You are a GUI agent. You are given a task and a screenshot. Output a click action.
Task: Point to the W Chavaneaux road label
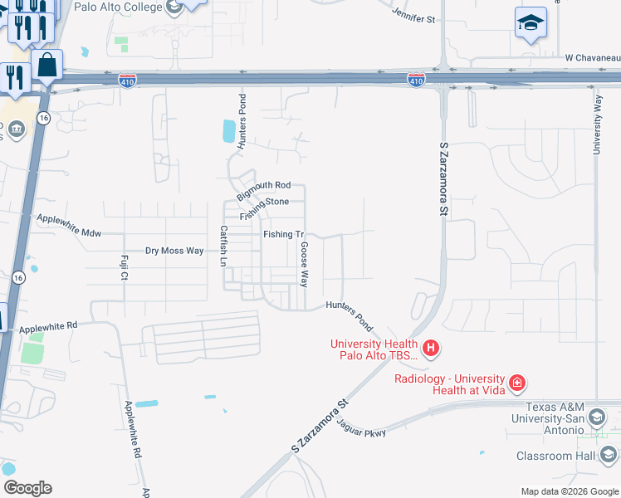click(592, 58)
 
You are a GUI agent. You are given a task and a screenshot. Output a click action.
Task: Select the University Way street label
click(597, 123)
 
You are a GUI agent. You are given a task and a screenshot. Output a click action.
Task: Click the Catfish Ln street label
click(222, 246)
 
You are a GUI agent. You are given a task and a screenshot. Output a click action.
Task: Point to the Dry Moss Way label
click(174, 251)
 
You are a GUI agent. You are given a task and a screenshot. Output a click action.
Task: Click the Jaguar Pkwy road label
click(364, 430)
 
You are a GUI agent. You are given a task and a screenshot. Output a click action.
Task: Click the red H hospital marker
click(431, 348)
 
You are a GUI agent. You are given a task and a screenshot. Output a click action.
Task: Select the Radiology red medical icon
click(516, 383)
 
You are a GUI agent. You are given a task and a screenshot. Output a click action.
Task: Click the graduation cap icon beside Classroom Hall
click(609, 455)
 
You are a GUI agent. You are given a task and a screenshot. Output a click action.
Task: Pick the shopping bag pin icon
click(47, 65)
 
